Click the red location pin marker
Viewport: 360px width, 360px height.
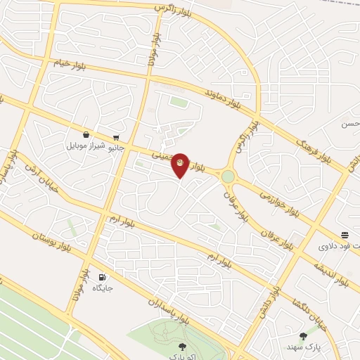tap(181, 165)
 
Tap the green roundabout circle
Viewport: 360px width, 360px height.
tap(228, 176)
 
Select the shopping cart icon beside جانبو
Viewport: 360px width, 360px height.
tap(115, 138)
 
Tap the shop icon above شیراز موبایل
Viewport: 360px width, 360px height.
tap(86, 135)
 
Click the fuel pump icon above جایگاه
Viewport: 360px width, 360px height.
tap(103, 277)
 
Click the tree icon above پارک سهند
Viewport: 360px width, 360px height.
tap(303, 336)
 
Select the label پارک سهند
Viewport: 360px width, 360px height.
tap(303, 347)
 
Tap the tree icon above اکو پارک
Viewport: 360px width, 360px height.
tap(181, 345)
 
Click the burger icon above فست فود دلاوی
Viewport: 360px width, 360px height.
tap(345, 235)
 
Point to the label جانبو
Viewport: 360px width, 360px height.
tap(115, 148)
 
